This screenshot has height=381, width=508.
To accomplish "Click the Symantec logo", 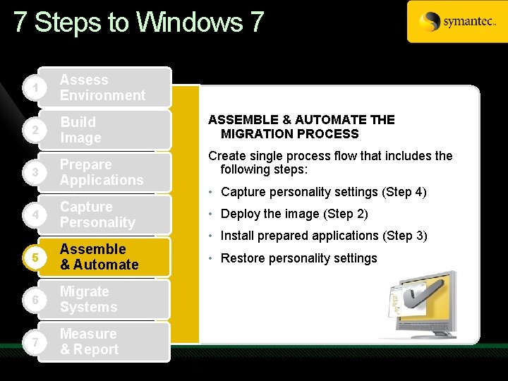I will tap(456, 22).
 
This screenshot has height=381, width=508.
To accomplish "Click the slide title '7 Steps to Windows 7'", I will tap(138, 23).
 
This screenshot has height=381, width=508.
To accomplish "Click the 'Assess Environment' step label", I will tap(102, 87).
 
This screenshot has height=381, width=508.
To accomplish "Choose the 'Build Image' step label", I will tap(80, 130).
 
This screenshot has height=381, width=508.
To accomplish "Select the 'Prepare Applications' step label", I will tap(101, 172).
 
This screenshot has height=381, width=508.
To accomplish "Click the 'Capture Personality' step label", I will tap(97, 214).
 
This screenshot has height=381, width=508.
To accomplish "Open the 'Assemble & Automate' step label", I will tap(99, 257).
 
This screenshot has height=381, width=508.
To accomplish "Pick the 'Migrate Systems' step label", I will tap(88, 299).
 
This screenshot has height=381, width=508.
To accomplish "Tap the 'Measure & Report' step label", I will tap(89, 341).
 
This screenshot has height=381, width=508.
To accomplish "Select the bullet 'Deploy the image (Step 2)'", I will tap(294, 214).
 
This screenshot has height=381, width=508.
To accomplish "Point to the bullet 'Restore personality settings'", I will tap(298, 258).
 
